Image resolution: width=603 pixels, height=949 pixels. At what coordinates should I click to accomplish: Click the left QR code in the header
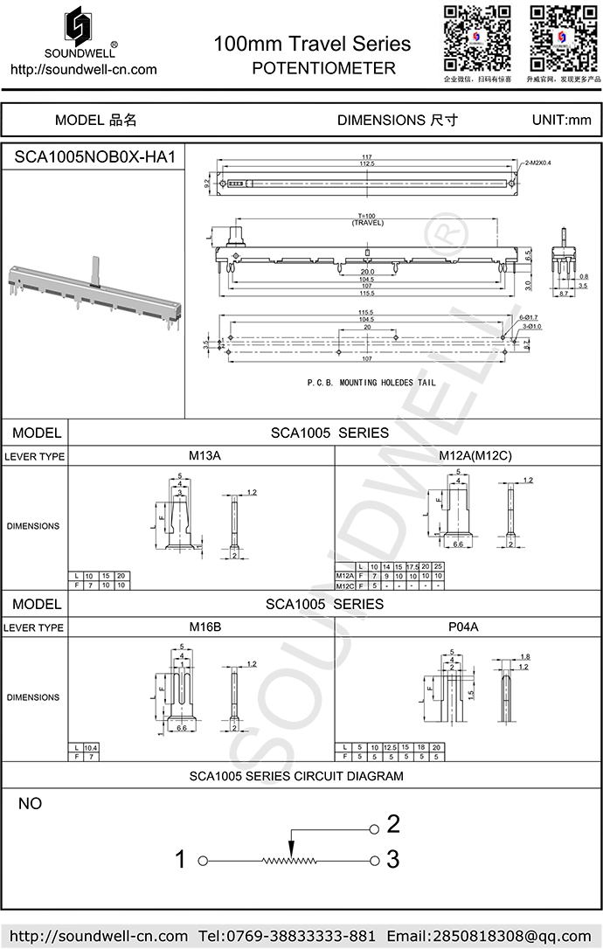tap(476, 38)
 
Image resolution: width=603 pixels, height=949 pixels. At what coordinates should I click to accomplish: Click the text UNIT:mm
tap(561, 121)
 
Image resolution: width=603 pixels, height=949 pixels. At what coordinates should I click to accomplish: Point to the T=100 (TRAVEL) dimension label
tap(367, 219)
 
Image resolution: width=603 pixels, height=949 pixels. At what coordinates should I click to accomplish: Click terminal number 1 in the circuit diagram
tap(181, 860)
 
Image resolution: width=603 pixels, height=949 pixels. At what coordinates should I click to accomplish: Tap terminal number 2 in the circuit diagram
tap(393, 824)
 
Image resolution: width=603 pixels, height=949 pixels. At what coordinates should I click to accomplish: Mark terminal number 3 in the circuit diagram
tap(393, 860)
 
